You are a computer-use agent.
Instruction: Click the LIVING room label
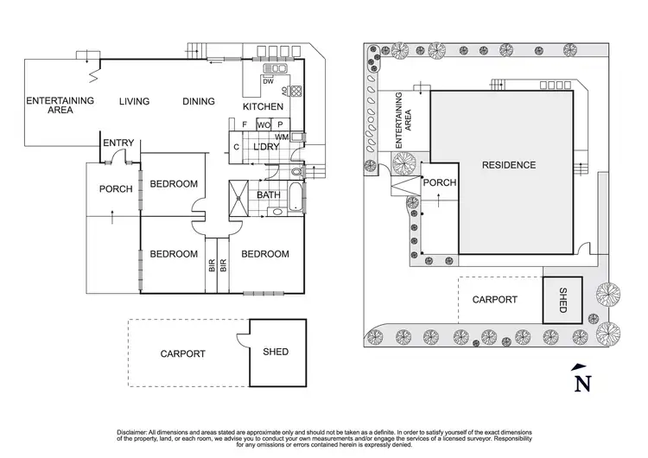[134, 102]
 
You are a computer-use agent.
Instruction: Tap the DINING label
[199, 102]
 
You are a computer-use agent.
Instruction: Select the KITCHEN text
[262, 107]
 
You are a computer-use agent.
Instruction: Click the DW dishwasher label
[267, 81]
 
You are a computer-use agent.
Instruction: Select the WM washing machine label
[282, 137]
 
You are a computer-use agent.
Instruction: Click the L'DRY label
[265, 148]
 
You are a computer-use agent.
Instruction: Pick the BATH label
[269, 195]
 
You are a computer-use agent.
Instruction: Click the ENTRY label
[117, 143]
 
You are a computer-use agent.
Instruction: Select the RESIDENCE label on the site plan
[509, 165]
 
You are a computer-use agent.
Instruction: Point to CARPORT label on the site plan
[494, 300]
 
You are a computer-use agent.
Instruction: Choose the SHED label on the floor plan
[276, 353]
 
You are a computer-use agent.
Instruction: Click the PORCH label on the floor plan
[116, 189]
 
